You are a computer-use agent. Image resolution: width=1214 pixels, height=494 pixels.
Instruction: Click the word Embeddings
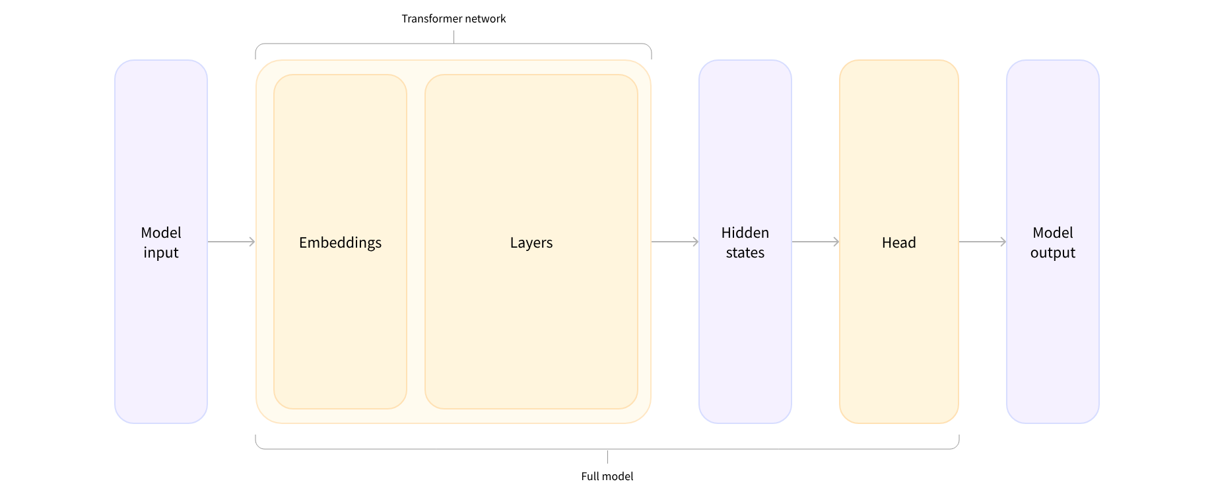[340, 243]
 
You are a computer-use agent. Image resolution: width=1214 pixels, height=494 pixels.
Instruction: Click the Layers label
[531, 243]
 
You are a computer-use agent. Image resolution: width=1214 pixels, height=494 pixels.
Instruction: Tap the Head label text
[898, 243]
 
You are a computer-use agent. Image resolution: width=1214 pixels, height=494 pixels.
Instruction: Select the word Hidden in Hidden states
[745, 233]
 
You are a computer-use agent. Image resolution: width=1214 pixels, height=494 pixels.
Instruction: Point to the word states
[745, 253]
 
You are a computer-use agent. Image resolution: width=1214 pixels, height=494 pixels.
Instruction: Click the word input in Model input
[161, 253]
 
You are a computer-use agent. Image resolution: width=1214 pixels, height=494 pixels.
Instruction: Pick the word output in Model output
[1052, 253]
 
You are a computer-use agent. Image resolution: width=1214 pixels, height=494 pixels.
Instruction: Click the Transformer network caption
[454, 19]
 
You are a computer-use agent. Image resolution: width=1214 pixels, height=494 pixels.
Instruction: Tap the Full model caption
[607, 476]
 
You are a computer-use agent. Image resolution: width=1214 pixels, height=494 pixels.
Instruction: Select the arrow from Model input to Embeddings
[231, 242]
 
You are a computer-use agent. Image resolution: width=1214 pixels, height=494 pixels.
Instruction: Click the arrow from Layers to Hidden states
[675, 242]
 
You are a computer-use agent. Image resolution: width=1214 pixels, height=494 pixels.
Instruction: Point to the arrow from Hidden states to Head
[815, 242]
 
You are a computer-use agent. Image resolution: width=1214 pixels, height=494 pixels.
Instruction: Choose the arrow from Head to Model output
[982, 242]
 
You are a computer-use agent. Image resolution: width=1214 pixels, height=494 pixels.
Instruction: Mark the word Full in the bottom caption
[590, 476]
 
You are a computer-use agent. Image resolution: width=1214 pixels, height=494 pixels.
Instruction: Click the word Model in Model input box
[161, 233]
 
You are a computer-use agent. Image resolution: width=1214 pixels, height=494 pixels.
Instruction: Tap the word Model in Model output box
[1052, 233]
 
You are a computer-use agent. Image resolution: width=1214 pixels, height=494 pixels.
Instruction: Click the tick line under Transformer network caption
[454, 37]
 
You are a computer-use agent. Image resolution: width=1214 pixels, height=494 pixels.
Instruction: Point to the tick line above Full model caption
[607, 457]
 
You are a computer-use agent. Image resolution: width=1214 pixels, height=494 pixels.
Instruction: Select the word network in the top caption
[485, 19]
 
